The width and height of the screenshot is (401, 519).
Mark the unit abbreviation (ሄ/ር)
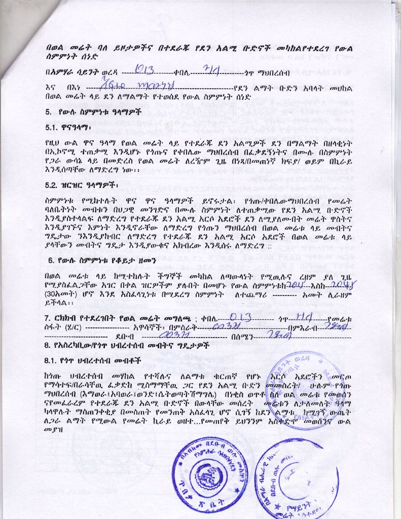(72, 328)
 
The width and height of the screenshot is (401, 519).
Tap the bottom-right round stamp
(297, 476)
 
